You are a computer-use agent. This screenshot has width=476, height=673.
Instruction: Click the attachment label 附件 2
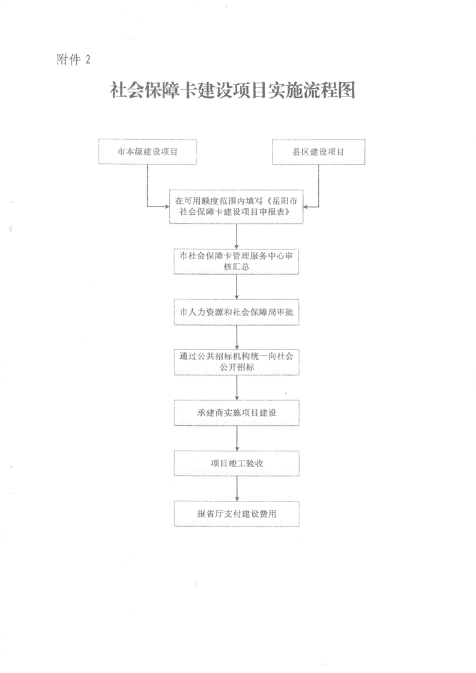tap(73, 59)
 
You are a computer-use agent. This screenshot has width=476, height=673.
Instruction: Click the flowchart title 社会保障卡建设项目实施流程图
tap(232, 90)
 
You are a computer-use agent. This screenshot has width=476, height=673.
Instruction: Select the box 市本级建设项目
tap(147, 152)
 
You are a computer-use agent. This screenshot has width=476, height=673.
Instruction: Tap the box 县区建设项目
tap(318, 152)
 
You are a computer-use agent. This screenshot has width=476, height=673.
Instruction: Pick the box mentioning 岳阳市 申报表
tap(236, 206)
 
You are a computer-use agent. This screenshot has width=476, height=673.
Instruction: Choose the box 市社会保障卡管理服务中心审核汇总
tap(236, 262)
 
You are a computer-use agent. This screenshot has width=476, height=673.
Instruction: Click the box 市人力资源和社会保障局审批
tap(236, 312)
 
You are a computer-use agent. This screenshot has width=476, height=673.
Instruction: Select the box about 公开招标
tap(236, 362)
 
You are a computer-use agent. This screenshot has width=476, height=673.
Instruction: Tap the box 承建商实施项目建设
tap(236, 413)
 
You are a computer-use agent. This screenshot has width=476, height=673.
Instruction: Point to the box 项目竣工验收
tap(236, 463)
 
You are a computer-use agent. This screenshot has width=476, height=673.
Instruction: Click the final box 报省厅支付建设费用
tap(236, 514)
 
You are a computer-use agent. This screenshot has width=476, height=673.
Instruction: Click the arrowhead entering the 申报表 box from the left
tap(167, 206)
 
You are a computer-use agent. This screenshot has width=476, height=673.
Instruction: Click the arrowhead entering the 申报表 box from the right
tap(306, 206)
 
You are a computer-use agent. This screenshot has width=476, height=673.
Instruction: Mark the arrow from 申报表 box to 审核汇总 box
tap(236, 236)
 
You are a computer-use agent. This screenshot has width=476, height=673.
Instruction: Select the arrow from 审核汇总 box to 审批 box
tap(236, 287)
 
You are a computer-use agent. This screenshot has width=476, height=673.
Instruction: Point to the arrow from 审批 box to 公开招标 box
tap(236, 337)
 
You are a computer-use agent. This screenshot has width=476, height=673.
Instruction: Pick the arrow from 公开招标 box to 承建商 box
tap(236, 387)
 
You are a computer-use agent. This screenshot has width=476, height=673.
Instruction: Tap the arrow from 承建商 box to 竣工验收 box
tap(236, 438)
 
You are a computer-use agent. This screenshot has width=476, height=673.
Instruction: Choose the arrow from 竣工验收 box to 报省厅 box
tap(236, 488)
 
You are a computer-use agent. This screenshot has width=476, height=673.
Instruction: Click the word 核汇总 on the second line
tap(236, 266)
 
